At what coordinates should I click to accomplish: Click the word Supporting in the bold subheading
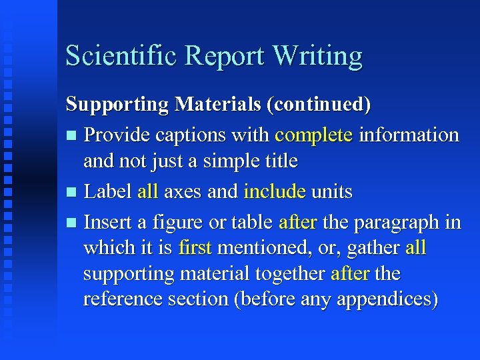[117, 105]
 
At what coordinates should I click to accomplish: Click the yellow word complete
[313, 136]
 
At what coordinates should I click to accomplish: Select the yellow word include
[275, 192]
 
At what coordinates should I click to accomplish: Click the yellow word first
[195, 248]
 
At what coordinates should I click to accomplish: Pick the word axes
[183, 193]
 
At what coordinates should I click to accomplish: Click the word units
[332, 192]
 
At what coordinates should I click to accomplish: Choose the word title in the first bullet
[279, 161]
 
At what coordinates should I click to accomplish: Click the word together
[292, 274]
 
